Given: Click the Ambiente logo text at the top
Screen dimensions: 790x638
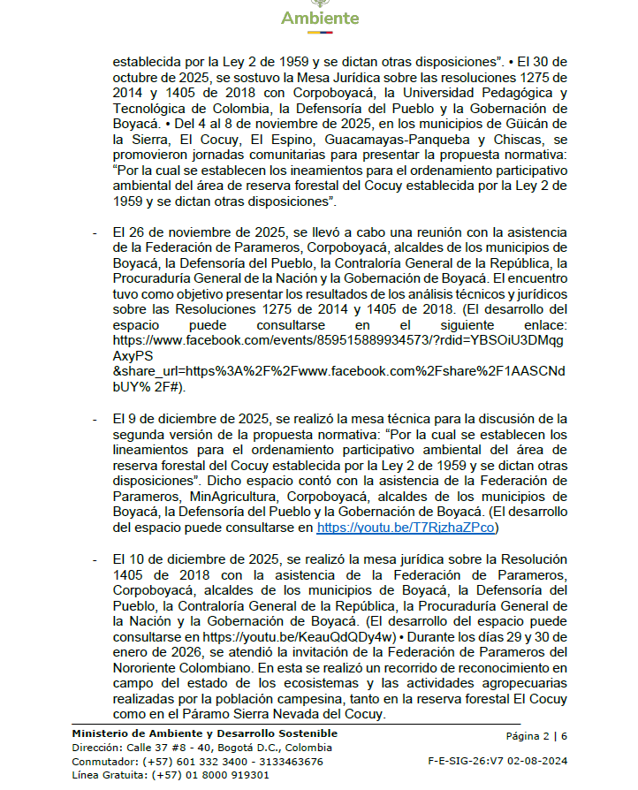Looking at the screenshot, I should pyautogui.click(x=320, y=19).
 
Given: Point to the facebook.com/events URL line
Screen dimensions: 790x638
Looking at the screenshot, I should pyautogui.click(x=339, y=339).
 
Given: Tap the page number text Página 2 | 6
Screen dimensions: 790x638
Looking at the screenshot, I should pyautogui.click(x=536, y=736).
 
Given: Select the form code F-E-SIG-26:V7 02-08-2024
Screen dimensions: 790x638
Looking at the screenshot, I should pyautogui.click(x=497, y=759).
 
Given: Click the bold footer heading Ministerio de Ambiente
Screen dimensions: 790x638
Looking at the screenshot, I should pyautogui.click(x=204, y=733).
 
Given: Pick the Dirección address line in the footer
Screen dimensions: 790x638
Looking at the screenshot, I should pyautogui.click(x=201, y=748).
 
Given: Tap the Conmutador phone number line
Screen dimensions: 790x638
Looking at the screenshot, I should pyautogui.click(x=197, y=761).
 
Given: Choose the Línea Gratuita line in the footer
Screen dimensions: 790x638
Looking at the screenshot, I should pyautogui.click(x=171, y=775).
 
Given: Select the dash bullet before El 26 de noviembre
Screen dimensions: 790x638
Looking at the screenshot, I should pyautogui.click(x=95, y=232).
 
